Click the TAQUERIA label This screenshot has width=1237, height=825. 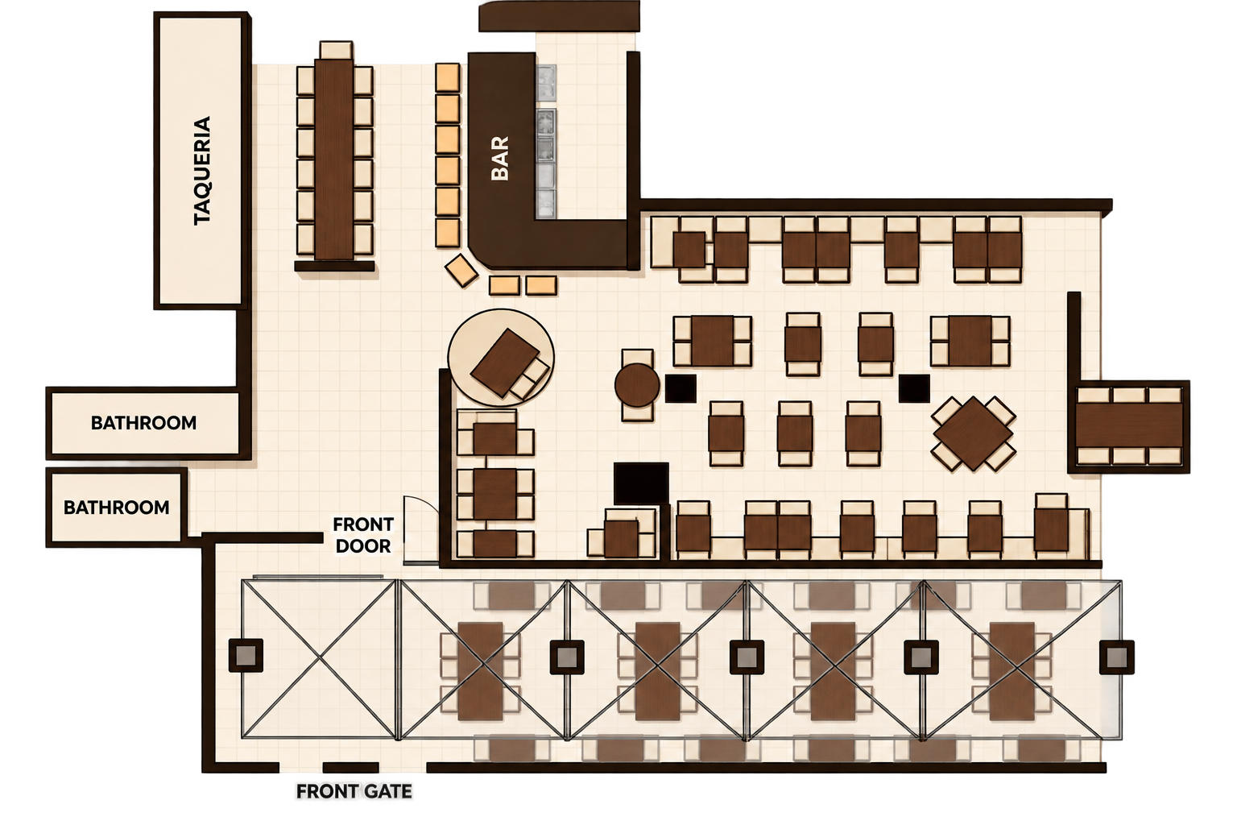[x=202, y=171]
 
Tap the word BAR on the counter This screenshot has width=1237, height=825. [x=500, y=159]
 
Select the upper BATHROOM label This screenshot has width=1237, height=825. [x=143, y=423]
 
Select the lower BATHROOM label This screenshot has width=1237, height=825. [x=117, y=508]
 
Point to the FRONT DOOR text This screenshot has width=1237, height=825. [x=363, y=535]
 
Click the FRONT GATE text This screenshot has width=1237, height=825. [x=354, y=791]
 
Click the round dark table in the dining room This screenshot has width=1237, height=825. [x=637, y=385]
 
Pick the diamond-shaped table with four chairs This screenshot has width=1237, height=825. [x=974, y=433]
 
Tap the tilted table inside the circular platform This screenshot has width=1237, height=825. [x=505, y=363]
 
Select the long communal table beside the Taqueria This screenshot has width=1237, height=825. [x=334, y=159]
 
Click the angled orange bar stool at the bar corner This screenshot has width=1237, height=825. [x=461, y=271]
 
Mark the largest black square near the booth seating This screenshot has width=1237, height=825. [x=641, y=483]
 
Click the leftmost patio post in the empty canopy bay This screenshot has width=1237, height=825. [x=246, y=656]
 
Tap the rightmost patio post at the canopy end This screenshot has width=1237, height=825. [x=1117, y=657]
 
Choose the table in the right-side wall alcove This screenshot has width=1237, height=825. [x=1130, y=425]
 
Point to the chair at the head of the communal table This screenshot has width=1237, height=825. [x=337, y=50]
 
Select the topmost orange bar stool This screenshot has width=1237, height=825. [x=447, y=77]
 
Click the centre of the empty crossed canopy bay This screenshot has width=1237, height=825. [x=319, y=659]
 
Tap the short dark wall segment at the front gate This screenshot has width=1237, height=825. [x=350, y=768]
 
